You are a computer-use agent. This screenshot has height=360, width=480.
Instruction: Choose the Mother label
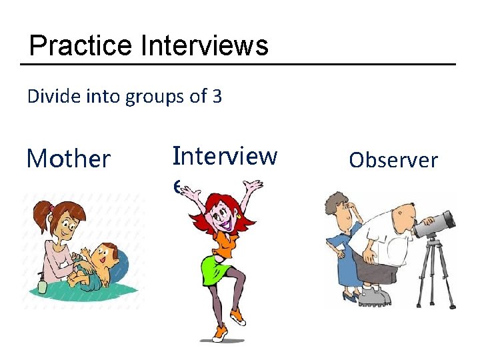(x=68, y=159)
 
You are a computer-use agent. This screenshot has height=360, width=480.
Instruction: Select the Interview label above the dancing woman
(x=225, y=155)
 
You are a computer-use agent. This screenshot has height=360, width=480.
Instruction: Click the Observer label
(x=393, y=160)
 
